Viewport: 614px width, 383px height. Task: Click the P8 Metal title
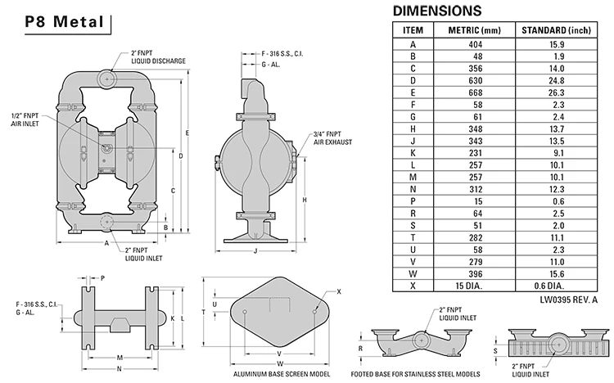click(65, 22)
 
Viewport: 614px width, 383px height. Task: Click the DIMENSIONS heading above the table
click(437, 11)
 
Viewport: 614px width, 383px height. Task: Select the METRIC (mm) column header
click(474, 30)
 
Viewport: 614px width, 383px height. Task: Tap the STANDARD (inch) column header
click(556, 30)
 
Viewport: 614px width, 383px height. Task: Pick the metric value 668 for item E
click(476, 92)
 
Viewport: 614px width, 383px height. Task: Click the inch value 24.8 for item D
click(557, 81)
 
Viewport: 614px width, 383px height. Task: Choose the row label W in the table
click(413, 273)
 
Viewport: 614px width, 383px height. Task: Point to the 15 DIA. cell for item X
click(469, 286)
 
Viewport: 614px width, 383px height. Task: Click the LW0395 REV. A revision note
click(569, 300)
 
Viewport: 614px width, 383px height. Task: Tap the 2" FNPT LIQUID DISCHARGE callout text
click(158, 57)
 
